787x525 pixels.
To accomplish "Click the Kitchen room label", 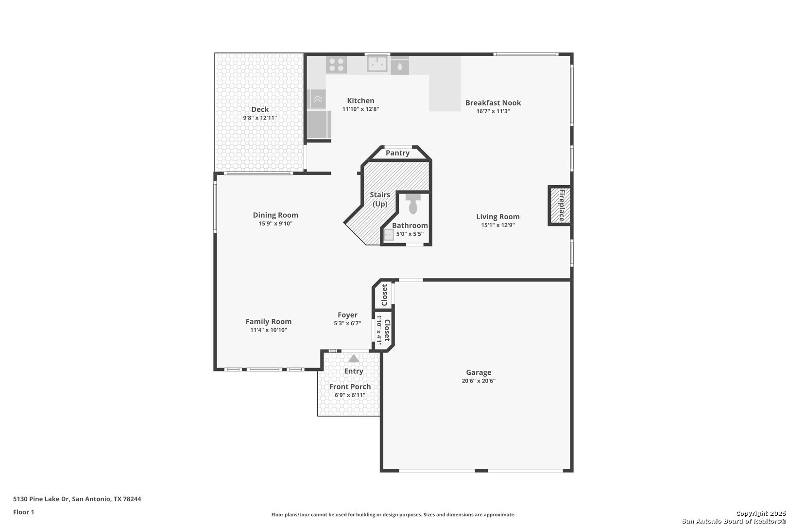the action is pos(360,101).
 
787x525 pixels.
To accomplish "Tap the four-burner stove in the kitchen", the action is pos(336,65).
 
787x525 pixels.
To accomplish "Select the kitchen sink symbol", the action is pos(377,64).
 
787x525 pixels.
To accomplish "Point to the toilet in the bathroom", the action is pos(413,204).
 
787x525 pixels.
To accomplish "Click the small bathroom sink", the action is pos(389,234).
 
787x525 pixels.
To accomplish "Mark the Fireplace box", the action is pos(560,205).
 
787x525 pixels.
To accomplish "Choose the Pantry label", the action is pos(397,153).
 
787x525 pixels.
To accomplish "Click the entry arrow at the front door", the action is pos(354,358).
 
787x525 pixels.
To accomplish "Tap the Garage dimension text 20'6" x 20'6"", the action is pos(479,381).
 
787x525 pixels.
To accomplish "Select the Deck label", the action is pos(259,109).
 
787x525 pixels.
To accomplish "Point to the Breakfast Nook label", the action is pos(493,103).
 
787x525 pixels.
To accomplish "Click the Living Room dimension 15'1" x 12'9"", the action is pos(498,225).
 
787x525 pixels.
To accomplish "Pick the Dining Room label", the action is pos(275,215).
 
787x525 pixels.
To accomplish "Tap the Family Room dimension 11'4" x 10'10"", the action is pos(269,330).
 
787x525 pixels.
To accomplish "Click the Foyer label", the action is pos(347,315).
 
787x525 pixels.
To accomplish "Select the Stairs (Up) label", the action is pos(380,199).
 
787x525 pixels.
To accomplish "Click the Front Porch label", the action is pos(350,386).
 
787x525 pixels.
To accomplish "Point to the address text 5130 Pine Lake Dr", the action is pos(41,499).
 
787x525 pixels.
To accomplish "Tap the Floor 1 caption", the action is pos(23,512).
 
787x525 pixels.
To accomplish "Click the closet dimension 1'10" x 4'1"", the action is pos(379,330).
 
